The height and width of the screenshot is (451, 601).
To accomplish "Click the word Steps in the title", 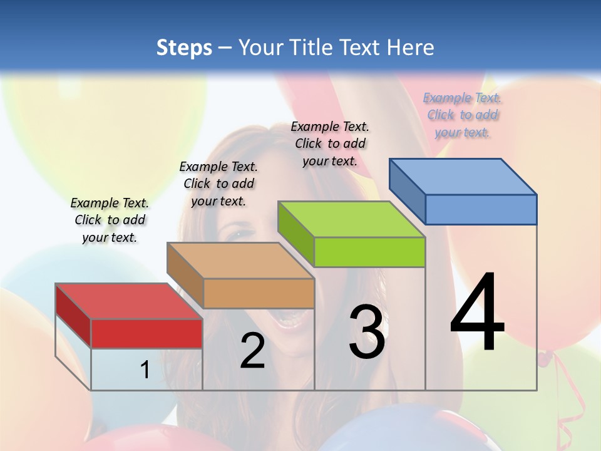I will pos(184,48).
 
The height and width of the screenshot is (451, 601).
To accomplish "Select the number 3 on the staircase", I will pos(367,332).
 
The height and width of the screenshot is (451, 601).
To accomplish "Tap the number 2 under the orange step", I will pos(252,351).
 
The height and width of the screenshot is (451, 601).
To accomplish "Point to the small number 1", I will pos(145,370).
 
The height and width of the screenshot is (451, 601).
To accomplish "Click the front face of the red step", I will pos(146,333).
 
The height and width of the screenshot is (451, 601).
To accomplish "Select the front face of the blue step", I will pos(481,209).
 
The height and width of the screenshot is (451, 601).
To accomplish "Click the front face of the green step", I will pos(369,252).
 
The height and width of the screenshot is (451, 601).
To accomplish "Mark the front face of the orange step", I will pos(259,293).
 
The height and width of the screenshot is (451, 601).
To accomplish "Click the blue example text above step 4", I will pos(463,115).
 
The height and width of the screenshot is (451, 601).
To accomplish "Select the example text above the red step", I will pos(110,220).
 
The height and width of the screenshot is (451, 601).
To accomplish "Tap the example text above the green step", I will pos(331,143).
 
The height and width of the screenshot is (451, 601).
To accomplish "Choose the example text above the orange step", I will pos(218,184).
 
